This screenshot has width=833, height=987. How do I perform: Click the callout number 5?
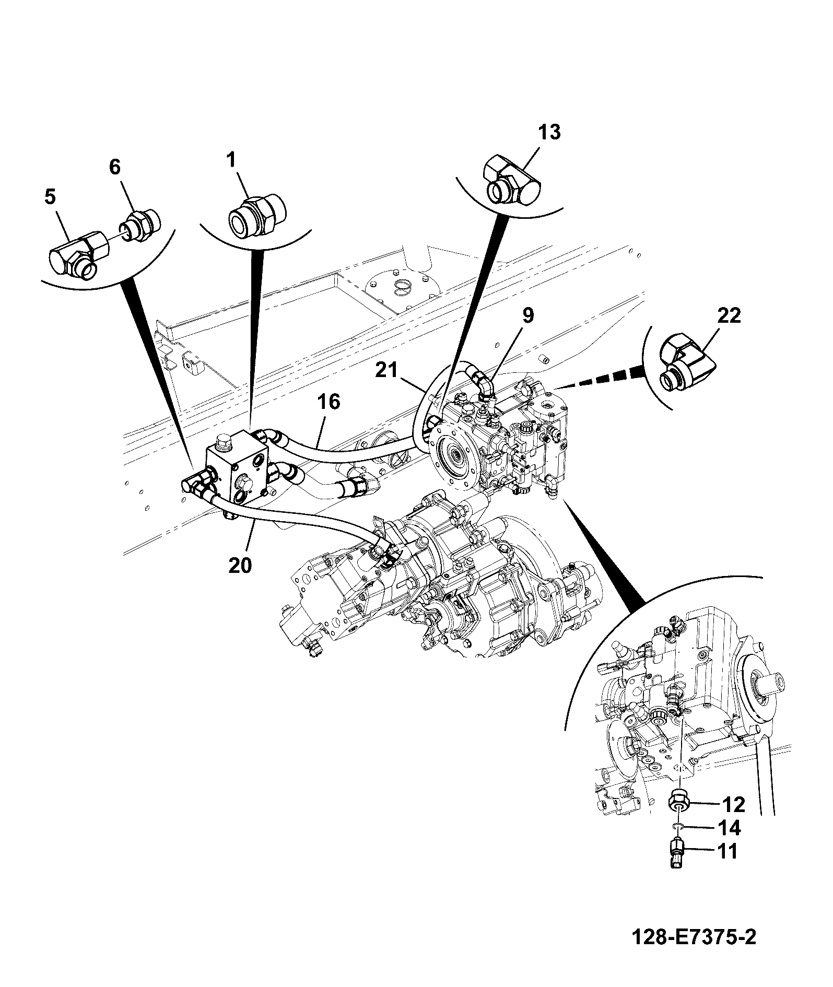[x=50, y=197]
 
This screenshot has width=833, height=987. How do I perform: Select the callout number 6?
[x=114, y=167]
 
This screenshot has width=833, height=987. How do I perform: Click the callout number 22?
[x=729, y=315]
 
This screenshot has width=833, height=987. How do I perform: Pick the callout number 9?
[x=527, y=315]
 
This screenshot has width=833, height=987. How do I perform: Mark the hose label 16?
[x=328, y=402]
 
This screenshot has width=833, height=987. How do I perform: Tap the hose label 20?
[x=241, y=565]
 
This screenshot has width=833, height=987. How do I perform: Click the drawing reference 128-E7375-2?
[x=694, y=953]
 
